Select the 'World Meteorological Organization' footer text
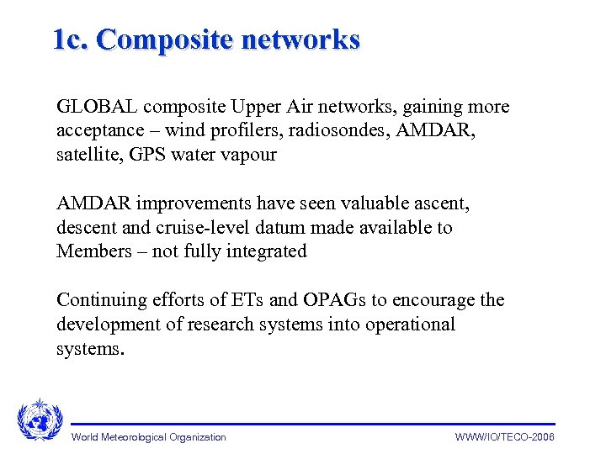coord(149,437)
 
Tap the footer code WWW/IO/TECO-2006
coord(505,437)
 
